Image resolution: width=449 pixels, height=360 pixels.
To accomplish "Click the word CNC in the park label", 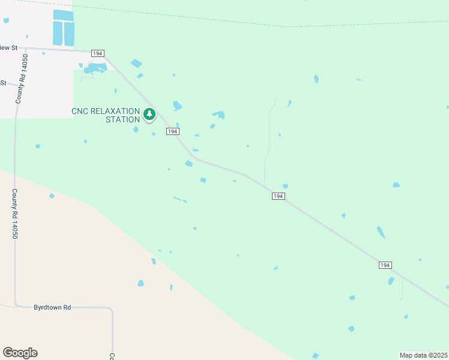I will [83, 111].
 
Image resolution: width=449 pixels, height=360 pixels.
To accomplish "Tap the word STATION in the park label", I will [118, 119].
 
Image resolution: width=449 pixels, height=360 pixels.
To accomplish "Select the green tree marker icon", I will [149, 113].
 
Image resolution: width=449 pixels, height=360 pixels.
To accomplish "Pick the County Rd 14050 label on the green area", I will [14, 214].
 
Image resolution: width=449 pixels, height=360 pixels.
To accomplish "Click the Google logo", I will [20, 353].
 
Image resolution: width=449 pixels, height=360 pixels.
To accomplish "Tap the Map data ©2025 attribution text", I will [423, 355].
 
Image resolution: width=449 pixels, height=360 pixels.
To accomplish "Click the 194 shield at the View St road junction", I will [97, 54].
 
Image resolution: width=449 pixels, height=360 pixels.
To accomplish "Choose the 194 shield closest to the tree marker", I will [172, 131].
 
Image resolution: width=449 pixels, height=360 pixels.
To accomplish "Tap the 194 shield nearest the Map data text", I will [385, 265].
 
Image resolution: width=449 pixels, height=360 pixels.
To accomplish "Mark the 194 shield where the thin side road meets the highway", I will [277, 196].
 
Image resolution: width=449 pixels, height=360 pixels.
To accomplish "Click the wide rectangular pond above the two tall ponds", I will [63, 15].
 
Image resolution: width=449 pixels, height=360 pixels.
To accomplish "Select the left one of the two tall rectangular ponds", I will [58, 34].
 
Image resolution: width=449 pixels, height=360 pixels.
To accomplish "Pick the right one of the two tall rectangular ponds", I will [69, 34].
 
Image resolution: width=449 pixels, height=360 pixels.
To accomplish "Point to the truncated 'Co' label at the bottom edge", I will [111, 356].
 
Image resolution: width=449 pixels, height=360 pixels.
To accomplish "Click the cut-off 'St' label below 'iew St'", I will [3, 83].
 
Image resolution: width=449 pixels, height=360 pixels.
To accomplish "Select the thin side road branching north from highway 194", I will [267, 144].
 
